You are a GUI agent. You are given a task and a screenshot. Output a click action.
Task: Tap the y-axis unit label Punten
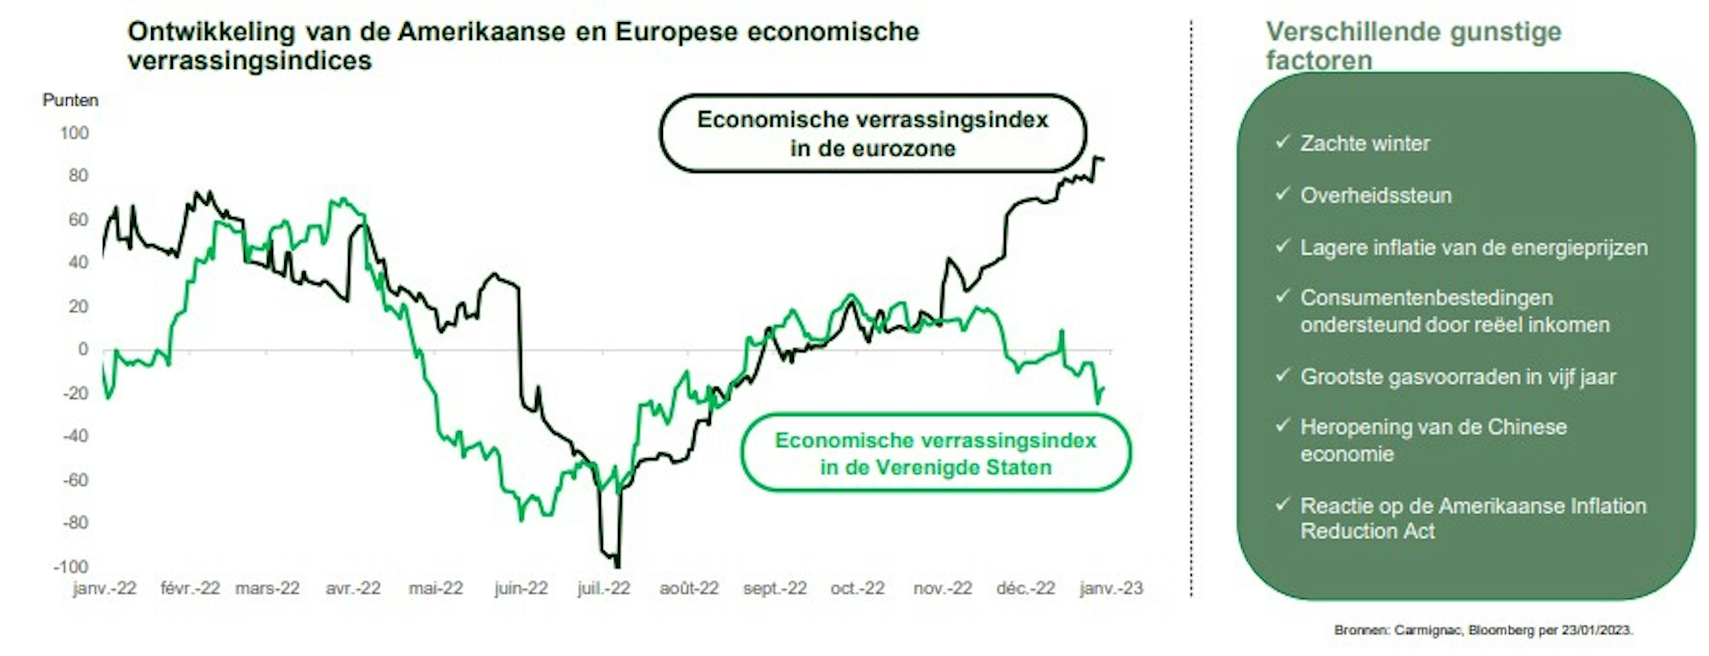point(70,100)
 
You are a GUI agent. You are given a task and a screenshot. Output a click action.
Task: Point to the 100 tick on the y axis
point(74,134)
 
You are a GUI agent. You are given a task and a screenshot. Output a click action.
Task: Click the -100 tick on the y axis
point(71,567)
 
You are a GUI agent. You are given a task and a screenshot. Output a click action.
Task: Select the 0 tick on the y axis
point(82,349)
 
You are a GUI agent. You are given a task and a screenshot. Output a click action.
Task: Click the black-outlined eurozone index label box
point(872,134)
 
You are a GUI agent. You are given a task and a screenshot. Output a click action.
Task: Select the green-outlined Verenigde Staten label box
point(935,454)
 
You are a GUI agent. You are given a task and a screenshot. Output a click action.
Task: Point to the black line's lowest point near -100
point(618,566)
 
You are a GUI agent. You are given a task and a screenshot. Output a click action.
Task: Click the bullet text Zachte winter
point(1365,143)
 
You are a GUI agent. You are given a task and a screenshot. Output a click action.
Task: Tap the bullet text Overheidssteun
point(1375,196)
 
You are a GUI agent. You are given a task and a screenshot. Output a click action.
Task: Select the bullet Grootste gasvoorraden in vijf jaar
point(1458,377)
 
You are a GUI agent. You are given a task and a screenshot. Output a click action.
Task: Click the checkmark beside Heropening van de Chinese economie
point(1282,425)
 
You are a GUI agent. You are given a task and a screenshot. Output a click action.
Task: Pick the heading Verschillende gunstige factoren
point(1413,45)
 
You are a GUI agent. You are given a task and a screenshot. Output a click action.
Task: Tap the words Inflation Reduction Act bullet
point(1473,518)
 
